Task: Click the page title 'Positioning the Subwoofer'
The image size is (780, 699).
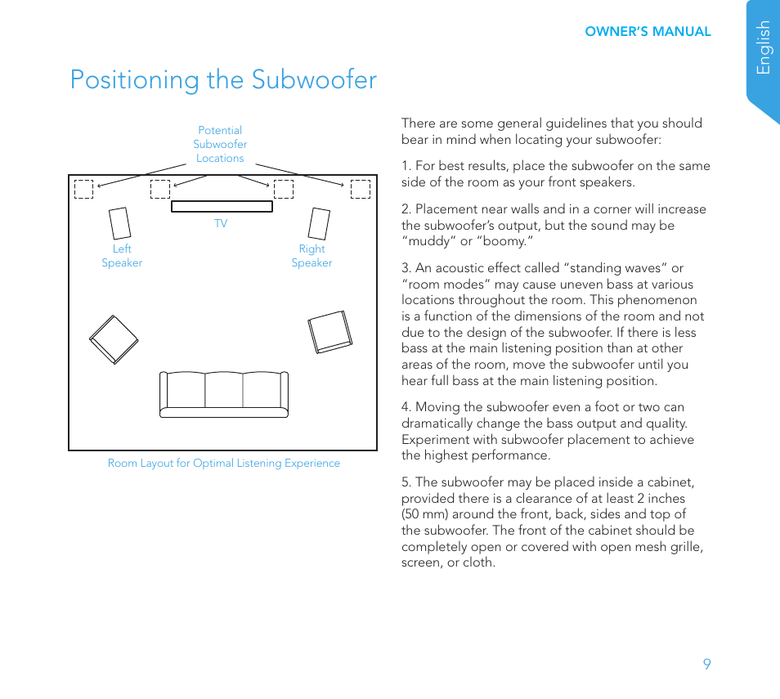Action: pos(223,80)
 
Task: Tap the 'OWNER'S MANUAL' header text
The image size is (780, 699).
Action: pos(648,32)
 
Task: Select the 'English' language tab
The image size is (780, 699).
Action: pos(764,47)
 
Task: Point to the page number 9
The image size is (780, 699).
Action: pos(706,664)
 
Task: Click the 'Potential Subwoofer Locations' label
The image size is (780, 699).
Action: pos(220,144)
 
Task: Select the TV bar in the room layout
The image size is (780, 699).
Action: pos(222,206)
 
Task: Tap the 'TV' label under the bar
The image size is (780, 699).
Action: pos(221,223)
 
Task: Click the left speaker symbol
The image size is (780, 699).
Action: pos(119,223)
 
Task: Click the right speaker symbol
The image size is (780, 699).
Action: pos(320,223)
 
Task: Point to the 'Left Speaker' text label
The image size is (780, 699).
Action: pos(122,256)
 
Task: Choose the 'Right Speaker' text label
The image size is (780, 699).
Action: pos(312,256)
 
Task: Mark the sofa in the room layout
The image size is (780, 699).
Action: pos(224,394)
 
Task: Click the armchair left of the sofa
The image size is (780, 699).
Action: pos(114,338)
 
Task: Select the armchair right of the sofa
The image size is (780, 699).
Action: pos(329,332)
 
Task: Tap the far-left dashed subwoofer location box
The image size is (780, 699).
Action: pos(84,189)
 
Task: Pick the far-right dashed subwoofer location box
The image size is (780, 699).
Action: pos(360,189)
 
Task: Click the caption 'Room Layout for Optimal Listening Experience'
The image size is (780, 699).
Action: pos(224,463)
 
